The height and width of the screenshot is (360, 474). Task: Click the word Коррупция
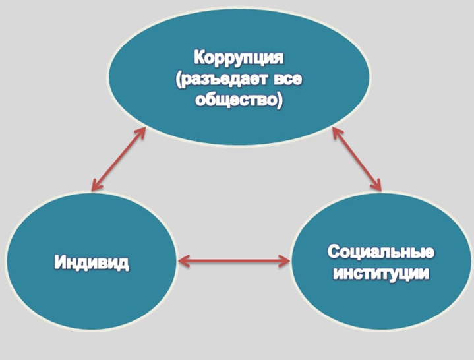pyautogui.click(x=239, y=58)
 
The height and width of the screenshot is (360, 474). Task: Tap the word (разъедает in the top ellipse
pyautogui.click(x=222, y=80)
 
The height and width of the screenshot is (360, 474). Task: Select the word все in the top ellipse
pyautogui.click(x=288, y=80)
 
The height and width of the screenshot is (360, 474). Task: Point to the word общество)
pyautogui.click(x=239, y=100)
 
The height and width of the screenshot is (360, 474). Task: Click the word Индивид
pyautogui.click(x=92, y=262)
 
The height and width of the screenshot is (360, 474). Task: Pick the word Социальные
pyautogui.click(x=381, y=252)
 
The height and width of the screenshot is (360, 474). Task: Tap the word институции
pyautogui.click(x=381, y=274)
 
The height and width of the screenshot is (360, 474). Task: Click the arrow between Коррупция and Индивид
pyautogui.click(x=119, y=159)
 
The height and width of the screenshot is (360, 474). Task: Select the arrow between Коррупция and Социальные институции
pyautogui.click(x=357, y=159)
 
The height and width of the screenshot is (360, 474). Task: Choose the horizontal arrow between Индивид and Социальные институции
pyautogui.click(x=234, y=261)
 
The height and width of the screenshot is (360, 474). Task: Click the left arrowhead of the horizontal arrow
pyautogui.click(x=184, y=261)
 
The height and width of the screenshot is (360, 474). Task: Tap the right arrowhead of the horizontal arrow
pyautogui.click(x=284, y=261)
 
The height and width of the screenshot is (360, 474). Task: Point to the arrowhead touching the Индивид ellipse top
pyautogui.click(x=96, y=185)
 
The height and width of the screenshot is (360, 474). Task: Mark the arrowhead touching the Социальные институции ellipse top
pyautogui.click(x=376, y=185)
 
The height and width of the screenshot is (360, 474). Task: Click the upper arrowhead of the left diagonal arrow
pyautogui.click(x=141, y=133)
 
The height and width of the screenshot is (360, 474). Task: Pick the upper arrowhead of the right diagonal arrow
pyautogui.click(x=337, y=133)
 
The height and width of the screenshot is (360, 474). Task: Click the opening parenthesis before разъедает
pyautogui.click(x=179, y=80)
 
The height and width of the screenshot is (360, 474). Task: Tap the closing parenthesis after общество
pyautogui.click(x=280, y=101)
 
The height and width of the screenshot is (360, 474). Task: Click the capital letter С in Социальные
pyautogui.click(x=334, y=252)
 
